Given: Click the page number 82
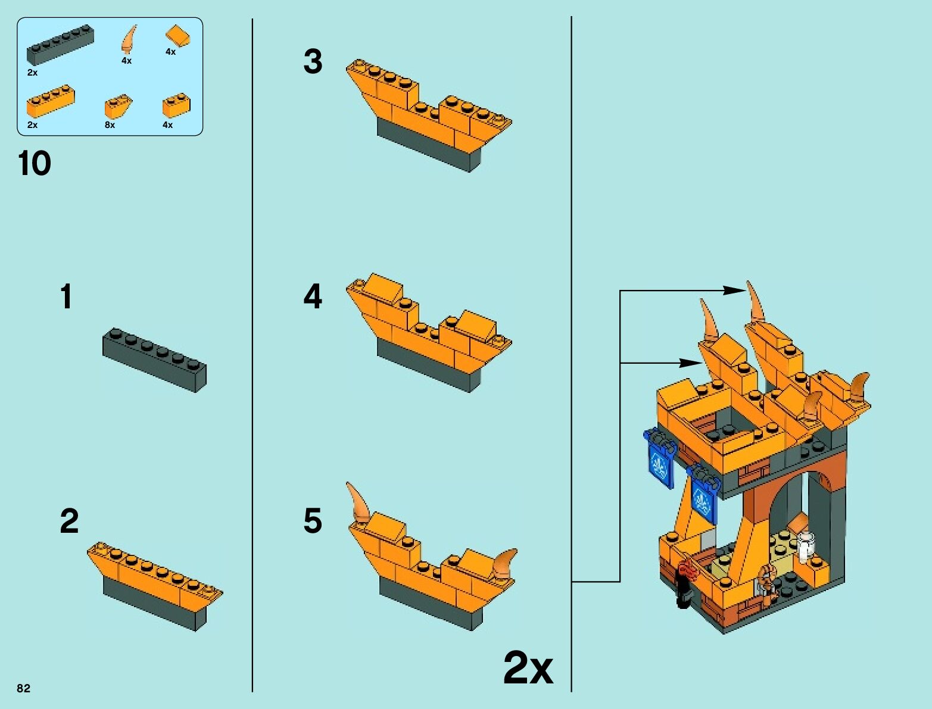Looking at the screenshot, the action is pos(24,688).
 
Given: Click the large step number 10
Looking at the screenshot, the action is pos(35,163).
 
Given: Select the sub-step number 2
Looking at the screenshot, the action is pos(69,521).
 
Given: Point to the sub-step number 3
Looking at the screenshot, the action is pos(313,61).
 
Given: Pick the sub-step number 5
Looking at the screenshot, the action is pos(313,521).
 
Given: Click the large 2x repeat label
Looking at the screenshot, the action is pos(528,668).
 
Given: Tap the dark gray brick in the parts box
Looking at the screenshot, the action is pos(60,45).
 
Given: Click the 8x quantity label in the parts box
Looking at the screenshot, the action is pos(110,125).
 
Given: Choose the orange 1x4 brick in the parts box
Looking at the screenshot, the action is pos(51,101).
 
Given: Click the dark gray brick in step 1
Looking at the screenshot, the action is pos(154,360).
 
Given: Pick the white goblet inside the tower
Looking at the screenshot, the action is pos(806,548).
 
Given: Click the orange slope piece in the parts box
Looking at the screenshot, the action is pos(178,36).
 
